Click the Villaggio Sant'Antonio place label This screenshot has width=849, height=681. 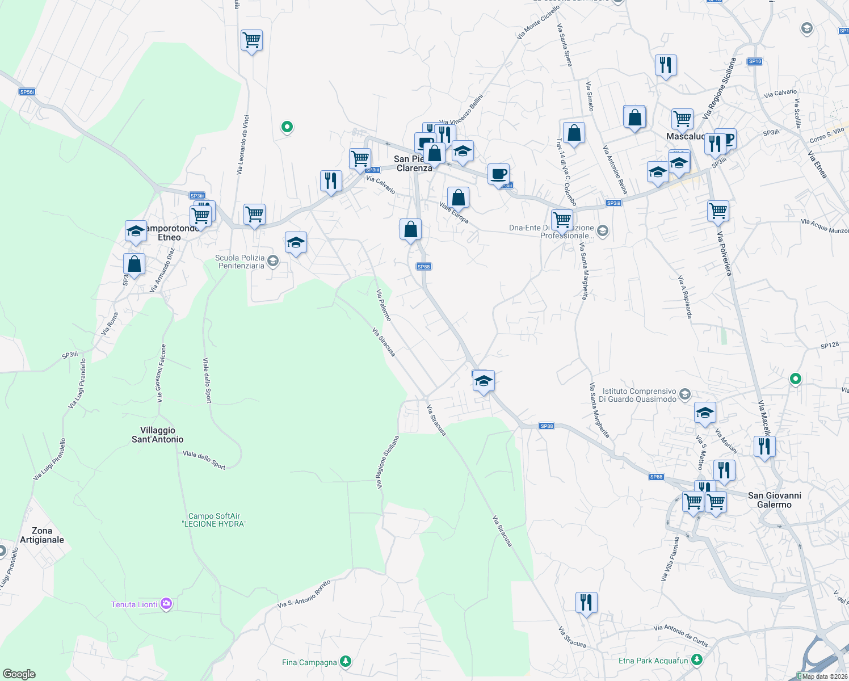point(158,435)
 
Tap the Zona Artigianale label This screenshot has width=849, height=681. point(42,535)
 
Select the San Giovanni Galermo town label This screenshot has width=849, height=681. point(774,500)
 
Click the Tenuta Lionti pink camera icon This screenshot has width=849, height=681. point(166,604)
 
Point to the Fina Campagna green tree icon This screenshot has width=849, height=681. point(345,662)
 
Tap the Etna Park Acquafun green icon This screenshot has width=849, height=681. point(697,660)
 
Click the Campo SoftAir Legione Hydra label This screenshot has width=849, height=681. point(214,520)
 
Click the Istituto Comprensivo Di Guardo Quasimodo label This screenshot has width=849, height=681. point(639,395)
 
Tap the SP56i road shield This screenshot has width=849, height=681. point(27,92)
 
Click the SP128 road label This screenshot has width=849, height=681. point(829,345)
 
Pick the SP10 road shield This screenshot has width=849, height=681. point(754,61)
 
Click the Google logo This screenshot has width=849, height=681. point(19,674)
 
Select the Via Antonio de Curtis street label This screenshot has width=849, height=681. point(680,636)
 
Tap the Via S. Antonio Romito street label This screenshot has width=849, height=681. point(304,594)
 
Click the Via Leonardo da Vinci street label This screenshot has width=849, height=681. point(242,145)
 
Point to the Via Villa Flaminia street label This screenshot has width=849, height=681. point(670,559)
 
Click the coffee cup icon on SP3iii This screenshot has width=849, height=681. point(498,175)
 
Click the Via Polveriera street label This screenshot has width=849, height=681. point(724,253)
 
